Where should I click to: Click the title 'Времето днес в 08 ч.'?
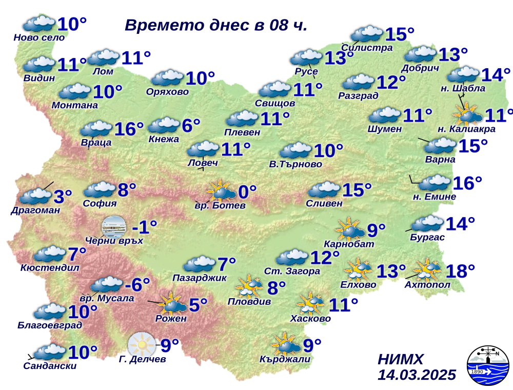[216, 26]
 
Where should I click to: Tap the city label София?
[100, 203]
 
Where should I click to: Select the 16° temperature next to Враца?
[128, 129]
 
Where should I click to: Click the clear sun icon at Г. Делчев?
[141, 343]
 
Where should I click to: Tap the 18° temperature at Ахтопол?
[460, 270]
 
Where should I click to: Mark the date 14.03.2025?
[417, 375]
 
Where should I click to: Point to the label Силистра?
[372, 48]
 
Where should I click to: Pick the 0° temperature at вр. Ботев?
[247, 192]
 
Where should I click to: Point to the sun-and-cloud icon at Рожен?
[172, 304]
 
